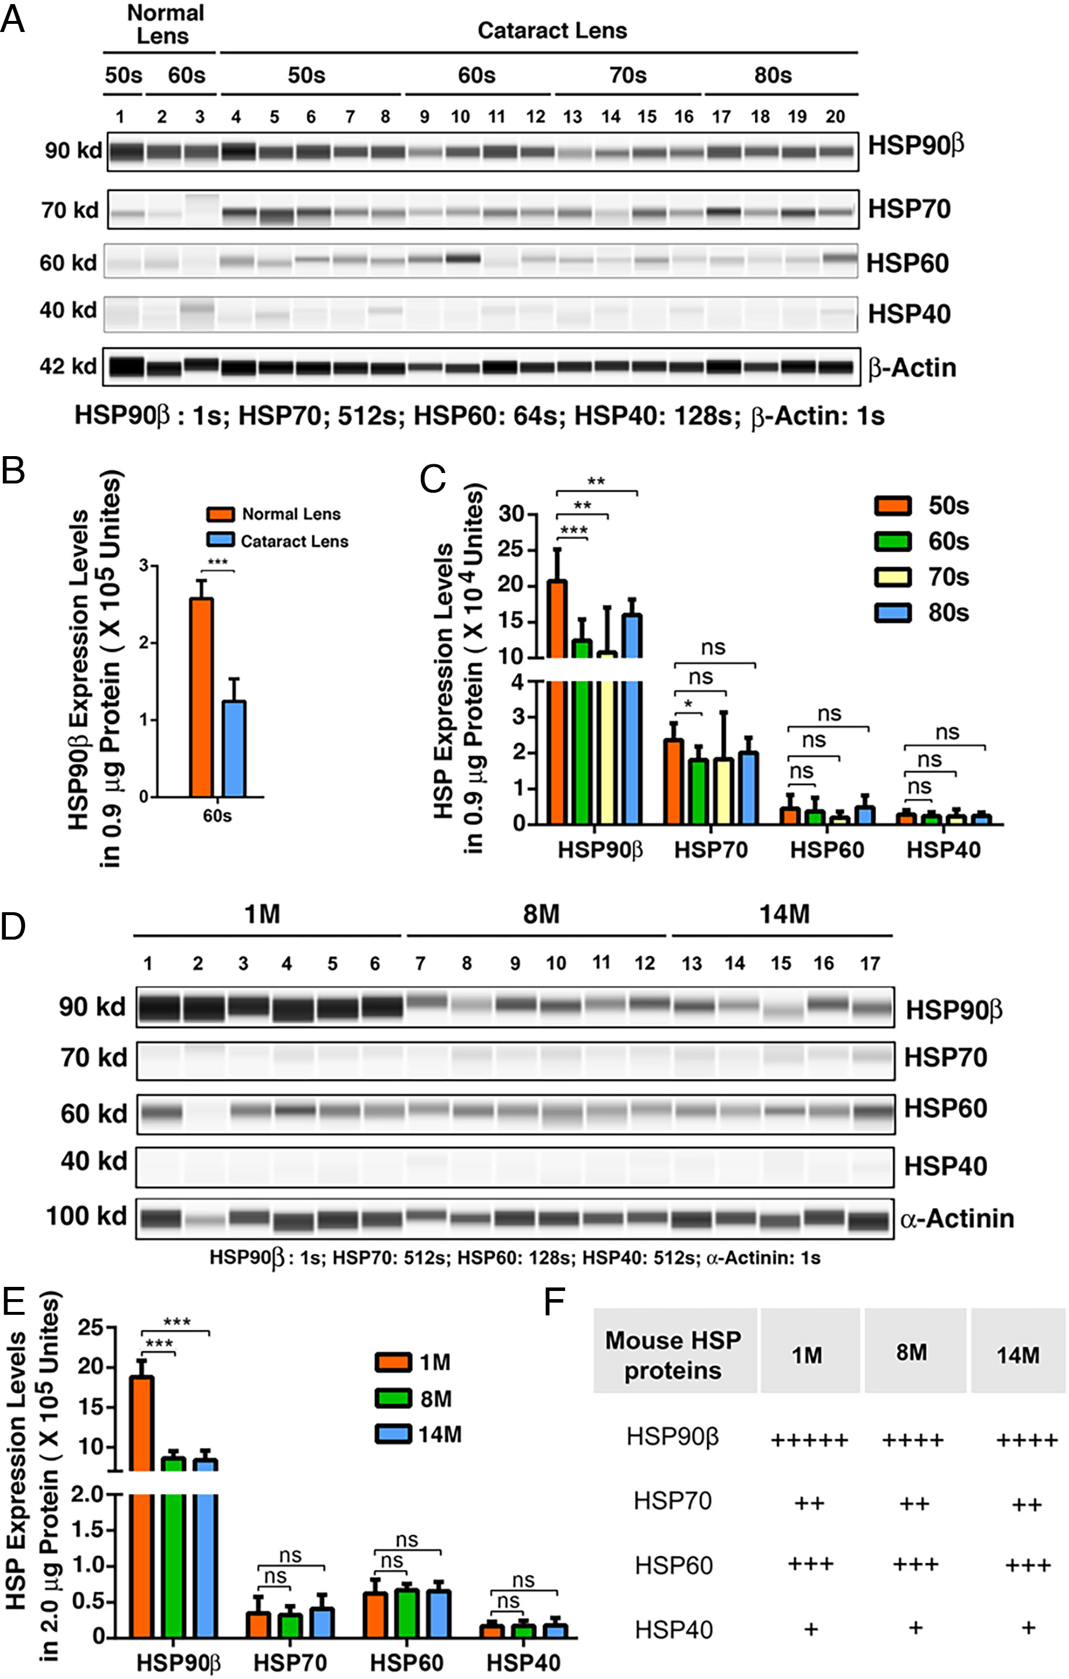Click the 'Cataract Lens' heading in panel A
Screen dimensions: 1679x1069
(552, 31)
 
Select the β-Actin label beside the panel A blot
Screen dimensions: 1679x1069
(912, 368)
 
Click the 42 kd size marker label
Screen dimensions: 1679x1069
(68, 365)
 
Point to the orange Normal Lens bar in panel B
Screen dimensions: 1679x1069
(201, 698)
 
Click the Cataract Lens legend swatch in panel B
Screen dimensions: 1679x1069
(221, 540)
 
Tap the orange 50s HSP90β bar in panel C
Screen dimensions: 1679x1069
(556, 698)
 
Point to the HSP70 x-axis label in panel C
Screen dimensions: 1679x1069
(711, 849)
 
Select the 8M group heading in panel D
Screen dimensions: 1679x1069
(541, 913)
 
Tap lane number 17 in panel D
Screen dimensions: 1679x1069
(869, 963)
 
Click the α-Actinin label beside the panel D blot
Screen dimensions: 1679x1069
(957, 1218)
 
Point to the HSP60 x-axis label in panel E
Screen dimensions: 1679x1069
(407, 1663)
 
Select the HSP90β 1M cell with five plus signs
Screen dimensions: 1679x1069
(809, 1439)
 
